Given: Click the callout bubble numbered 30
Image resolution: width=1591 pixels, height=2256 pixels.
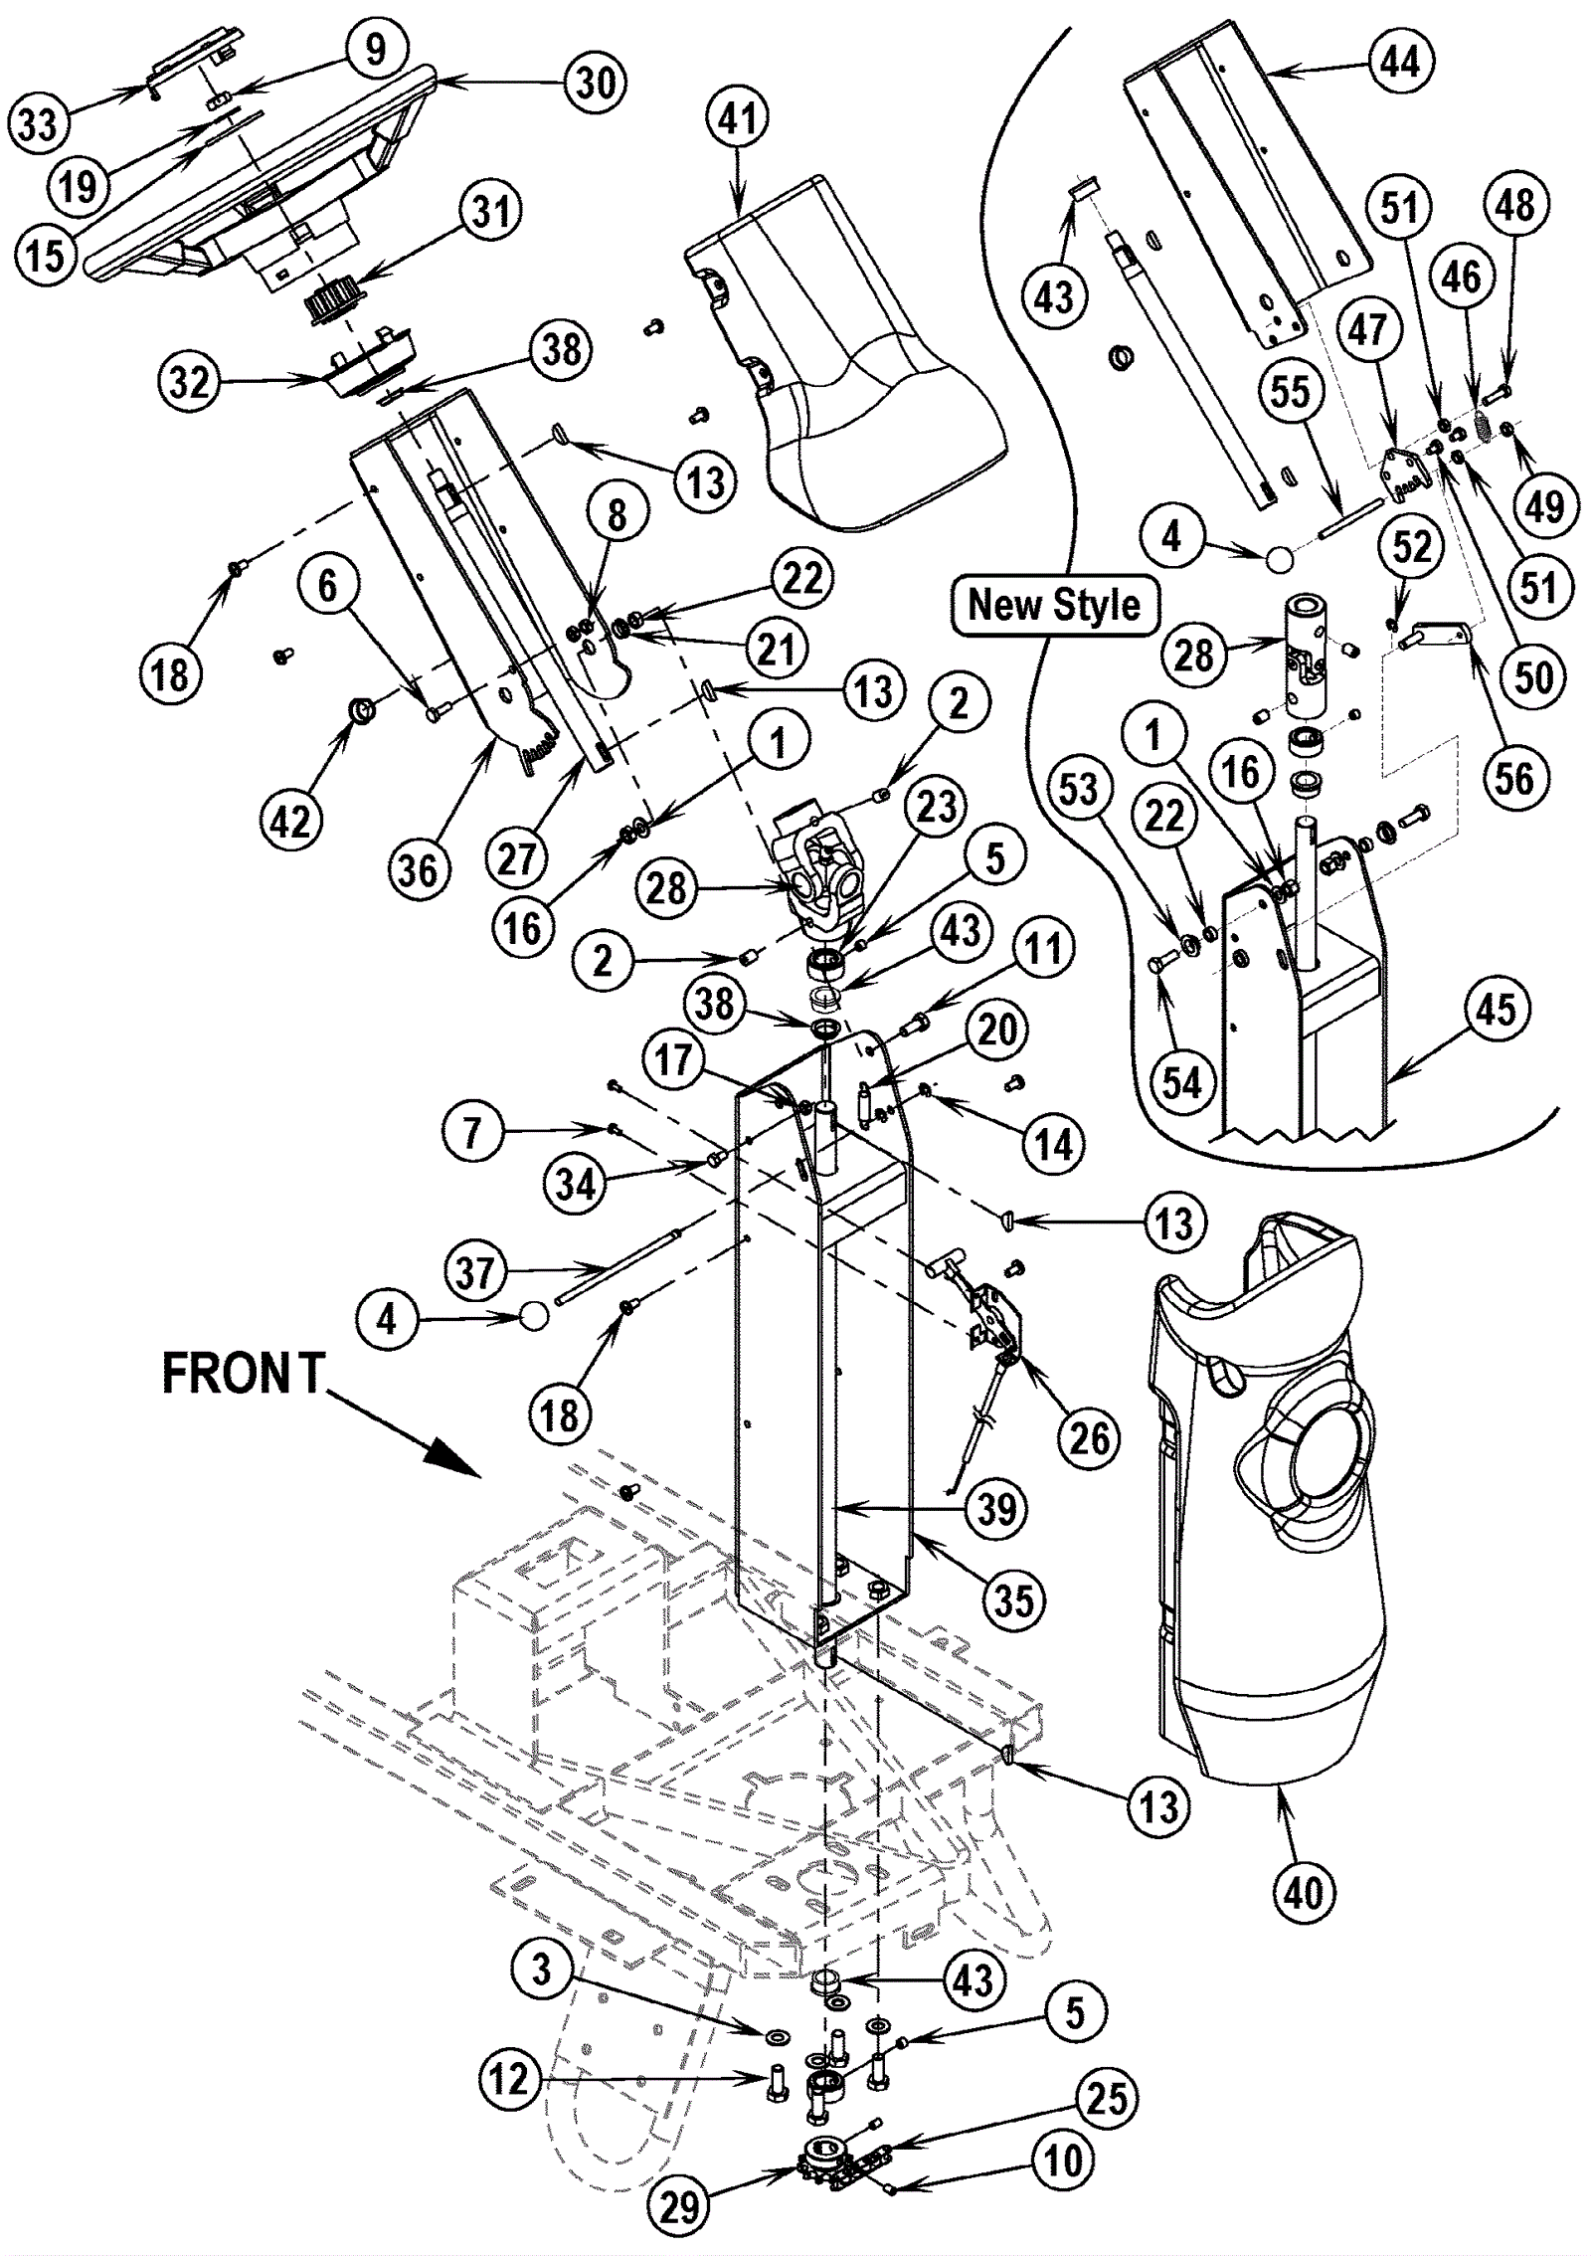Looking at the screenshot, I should pos(597,84).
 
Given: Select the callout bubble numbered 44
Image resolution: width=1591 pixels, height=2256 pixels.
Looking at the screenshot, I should pos(1401,62).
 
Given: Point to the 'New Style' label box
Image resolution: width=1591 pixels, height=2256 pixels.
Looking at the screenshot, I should pos(1055,605).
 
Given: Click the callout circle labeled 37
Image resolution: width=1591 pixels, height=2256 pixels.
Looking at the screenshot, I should pos(474,1272).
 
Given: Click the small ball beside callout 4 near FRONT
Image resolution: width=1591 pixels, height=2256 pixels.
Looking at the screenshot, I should pos(534,1317).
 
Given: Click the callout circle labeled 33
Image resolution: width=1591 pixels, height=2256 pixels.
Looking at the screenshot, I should pos(39,125).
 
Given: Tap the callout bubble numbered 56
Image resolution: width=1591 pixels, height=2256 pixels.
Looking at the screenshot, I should pos(1514,778).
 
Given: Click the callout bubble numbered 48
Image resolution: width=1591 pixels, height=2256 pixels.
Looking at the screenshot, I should pos(1514,206).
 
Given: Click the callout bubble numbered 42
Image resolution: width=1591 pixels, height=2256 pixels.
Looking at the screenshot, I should pos(291,821).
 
